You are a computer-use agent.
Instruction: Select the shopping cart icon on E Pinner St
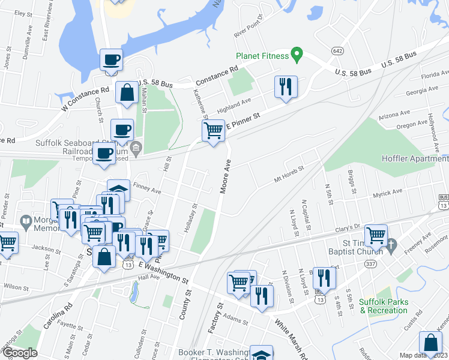tap(214, 130)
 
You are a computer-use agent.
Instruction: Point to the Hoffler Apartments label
tap(415, 158)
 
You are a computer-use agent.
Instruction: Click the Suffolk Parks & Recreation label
tap(383, 306)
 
